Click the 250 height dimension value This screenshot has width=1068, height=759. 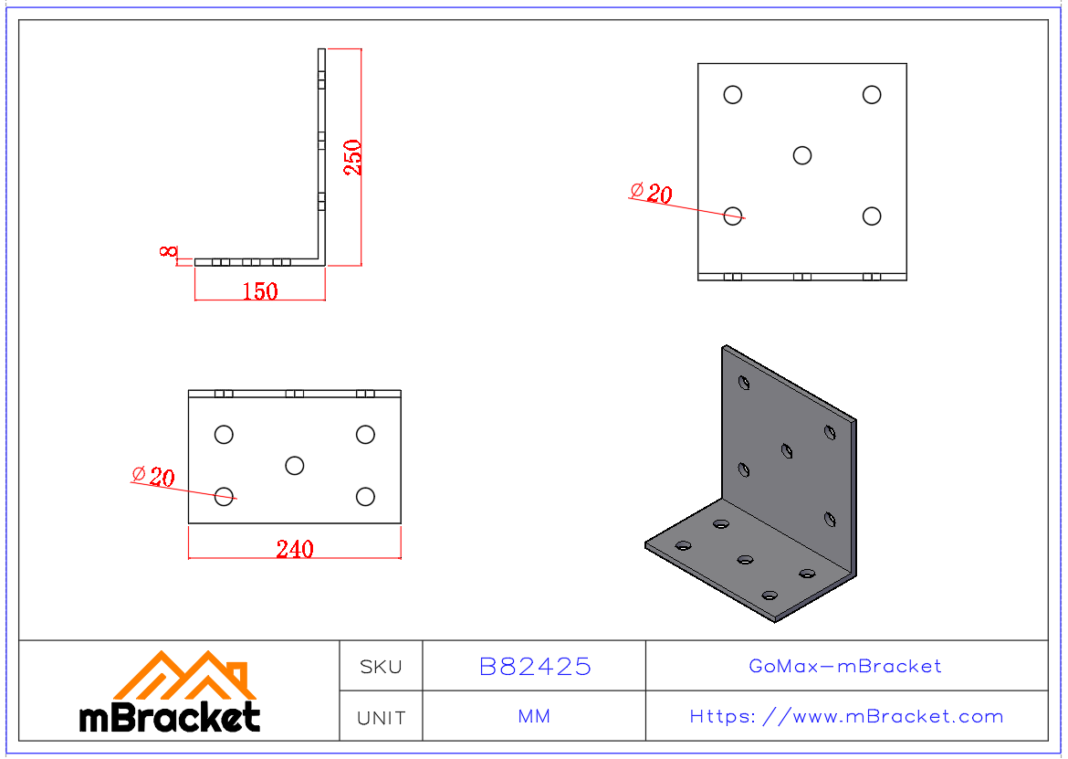(353, 157)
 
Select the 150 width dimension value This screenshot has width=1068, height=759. (260, 291)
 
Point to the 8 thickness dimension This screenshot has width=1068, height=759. (168, 251)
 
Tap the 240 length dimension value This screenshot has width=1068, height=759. (295, 549)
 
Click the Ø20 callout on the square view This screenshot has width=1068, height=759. (651, 193)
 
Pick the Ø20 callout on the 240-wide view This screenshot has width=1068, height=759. (153, 476)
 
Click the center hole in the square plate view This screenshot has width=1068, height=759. (802, 155)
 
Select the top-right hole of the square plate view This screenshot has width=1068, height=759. (872, 95)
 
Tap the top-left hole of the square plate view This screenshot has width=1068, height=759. (733, 95)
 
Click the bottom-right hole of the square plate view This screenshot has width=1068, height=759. (872, 216)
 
